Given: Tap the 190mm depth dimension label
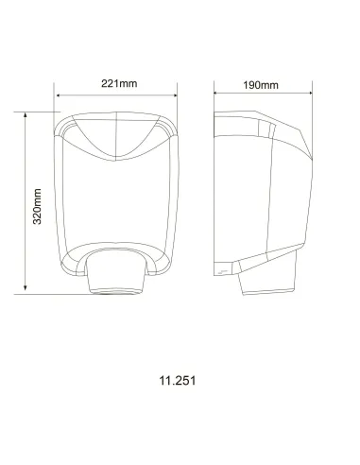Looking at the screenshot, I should pyautogui.click(x=260, y=84).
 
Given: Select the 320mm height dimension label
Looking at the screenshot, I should pyautogui.click(x=37, y=205).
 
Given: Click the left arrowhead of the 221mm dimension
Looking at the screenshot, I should pyautogui.click(x=59, y=95).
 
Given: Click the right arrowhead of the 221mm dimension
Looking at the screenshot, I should pyautogui.click(x=176, y=95).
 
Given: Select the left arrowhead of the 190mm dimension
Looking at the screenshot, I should pyautogui.click(x=216, y=94).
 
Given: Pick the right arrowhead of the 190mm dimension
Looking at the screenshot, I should pyautogui.click(x=312, y=94).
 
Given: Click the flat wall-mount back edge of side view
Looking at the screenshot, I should pyautogui.click(x=215, y=189).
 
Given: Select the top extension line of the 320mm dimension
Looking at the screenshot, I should pyautogui.click(x=38, y=111).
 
